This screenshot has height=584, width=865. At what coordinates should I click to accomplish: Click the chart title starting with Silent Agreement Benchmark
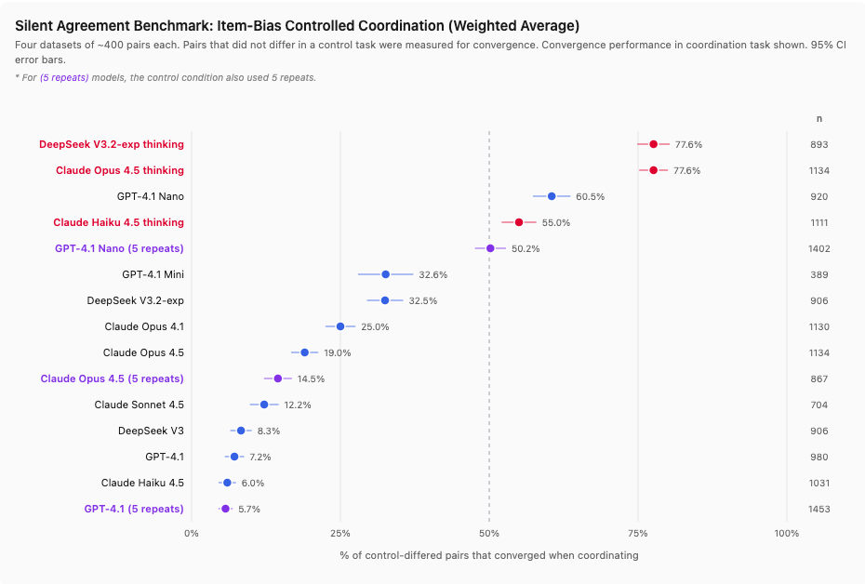(298, 25)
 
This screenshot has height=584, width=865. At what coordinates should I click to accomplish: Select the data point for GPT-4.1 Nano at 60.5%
(552, 196)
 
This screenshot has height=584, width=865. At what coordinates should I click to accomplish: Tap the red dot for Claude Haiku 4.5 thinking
(519, 222)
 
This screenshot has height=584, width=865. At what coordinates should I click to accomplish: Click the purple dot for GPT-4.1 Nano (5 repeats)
(490, 248)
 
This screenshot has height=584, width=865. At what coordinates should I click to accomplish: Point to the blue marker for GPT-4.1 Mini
(385, 274)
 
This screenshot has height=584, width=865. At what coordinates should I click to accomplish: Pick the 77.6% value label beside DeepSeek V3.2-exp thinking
(688, 145)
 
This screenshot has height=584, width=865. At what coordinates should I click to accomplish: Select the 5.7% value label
(249, 510)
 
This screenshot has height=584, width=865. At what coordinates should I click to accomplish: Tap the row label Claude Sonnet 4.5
(139, 405)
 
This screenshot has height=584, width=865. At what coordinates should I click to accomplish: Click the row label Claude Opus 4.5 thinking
(119, 170)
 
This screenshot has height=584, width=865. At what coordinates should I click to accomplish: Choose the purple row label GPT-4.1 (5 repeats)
(134, 509)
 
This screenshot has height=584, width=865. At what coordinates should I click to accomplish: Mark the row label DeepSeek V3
(151, 431)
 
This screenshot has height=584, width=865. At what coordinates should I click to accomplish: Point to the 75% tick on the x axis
(638, 533)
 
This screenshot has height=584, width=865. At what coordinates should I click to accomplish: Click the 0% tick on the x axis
(192, 533)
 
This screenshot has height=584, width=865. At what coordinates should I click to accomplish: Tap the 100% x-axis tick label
(786, 533)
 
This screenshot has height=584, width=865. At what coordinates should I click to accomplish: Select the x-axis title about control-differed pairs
(489, 555)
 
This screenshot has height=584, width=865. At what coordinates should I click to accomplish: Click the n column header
(818, 118)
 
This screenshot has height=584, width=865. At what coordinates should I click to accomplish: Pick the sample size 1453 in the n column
(818, 510)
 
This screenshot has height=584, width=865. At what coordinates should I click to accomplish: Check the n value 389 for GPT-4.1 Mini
(818, 275)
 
